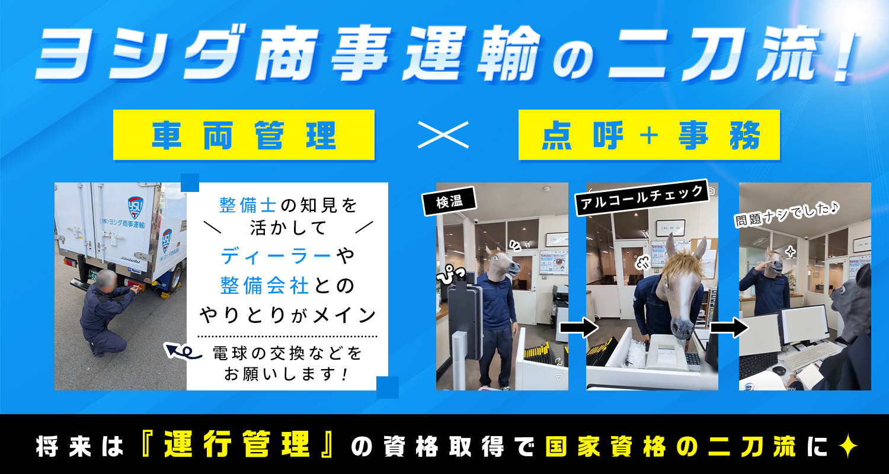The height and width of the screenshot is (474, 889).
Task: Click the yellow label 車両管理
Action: (244, 135)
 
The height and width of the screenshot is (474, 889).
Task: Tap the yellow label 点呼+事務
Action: (649, 135)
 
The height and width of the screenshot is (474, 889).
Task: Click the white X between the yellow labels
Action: (443, 135)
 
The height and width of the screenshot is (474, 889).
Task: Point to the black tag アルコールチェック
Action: (642, 197)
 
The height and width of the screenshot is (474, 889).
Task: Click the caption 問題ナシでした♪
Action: (786, 214)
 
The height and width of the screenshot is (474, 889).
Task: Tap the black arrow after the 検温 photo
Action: (578, 327)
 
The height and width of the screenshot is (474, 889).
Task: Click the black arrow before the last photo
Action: (730, 327)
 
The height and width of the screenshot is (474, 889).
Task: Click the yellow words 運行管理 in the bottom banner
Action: (237, 444)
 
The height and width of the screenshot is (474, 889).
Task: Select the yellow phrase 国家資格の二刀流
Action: (671, 446)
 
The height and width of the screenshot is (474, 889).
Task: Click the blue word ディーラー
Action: (276, 256)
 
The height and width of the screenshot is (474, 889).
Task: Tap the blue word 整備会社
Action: (264, 286)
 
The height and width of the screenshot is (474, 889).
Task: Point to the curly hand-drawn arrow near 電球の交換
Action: (183, 351)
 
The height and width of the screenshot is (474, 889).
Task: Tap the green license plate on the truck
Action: (94, 274)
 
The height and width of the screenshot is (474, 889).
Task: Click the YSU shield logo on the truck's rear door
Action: (136, 207)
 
